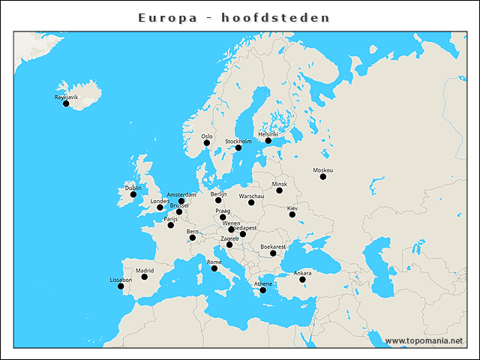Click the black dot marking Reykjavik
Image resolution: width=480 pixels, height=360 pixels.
coord(66,103)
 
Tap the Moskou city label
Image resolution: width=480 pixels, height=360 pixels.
coord(323,170)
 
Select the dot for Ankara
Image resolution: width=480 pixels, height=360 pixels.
coord(302,279)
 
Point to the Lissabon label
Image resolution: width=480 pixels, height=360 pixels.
coord(121,280)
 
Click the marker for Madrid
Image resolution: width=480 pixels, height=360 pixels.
coord(144,277)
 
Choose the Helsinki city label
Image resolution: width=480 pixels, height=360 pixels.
coord(268,134)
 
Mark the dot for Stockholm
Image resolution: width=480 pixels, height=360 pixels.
coord(238,147)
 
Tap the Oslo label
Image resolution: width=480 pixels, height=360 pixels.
coord(207,136)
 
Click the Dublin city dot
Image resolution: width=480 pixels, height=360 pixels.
coord(133,194)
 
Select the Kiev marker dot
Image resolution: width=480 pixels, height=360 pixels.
coord(292,214)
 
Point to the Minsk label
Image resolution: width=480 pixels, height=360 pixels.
coord(279,184)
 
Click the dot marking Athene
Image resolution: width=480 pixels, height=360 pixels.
coord(262,290)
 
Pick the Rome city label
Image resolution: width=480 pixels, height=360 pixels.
coord(214,262)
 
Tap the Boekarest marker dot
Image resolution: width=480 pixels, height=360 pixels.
coord(273,253)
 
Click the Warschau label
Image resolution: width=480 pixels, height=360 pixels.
coord(251,196)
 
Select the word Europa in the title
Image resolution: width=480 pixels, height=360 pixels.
coord(167,16)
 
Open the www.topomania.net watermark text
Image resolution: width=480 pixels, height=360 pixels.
coord(424,340)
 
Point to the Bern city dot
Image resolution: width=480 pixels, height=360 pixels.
coord(193,238)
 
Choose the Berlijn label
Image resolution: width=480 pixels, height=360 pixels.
coord(218,193)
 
